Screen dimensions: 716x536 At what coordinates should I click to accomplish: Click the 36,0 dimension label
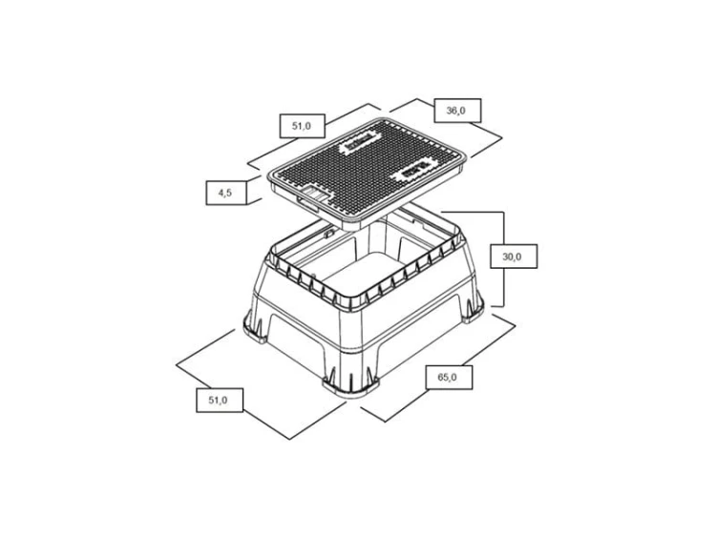(457, 111)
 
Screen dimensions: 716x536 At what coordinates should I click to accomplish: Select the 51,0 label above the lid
(302, 126)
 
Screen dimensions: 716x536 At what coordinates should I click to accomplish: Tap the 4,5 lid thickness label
(225, 193)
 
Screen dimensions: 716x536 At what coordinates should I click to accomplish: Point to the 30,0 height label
(514, 257)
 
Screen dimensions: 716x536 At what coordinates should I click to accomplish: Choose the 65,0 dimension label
(449, 378)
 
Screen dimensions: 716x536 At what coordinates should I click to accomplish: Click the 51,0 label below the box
(220, 400)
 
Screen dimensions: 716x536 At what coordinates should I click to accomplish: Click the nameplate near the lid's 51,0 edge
(360, 142)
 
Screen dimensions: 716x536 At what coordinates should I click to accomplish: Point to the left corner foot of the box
(256, 326)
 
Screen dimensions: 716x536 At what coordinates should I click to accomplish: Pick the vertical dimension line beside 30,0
(504, 259)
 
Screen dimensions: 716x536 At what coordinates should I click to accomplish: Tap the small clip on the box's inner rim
(326, 233)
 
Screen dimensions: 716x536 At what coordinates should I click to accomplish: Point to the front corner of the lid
(349, 227)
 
